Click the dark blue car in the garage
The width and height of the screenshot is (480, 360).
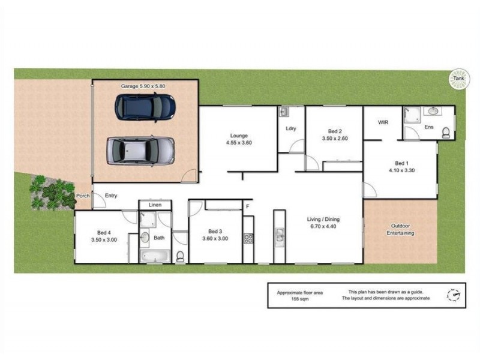tap(145, 106)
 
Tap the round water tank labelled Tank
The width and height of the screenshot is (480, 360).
tap(459, 79)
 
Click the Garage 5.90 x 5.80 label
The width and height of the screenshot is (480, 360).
tap(143, 86)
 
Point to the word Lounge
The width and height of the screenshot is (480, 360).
tap(239, 136)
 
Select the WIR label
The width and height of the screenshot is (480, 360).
tap(384, 122)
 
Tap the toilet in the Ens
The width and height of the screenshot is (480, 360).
tap(446, 132)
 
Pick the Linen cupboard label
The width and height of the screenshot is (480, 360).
tap(155, 205)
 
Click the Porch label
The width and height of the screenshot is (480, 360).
tap(83, 196)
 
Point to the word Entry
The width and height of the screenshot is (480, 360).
tap(111, 196)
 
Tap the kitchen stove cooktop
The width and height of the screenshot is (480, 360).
tap(248, 239)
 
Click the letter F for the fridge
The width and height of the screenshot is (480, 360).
tap(247, 207)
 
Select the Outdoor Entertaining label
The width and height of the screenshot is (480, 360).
tap(400, 229)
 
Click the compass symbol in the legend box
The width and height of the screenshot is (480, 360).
tap(454, 295)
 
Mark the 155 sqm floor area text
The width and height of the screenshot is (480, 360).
tap(300, 298)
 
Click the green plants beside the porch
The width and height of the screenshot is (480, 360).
tap(53, 192)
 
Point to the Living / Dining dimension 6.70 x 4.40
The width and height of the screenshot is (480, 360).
tap(324, 226)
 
